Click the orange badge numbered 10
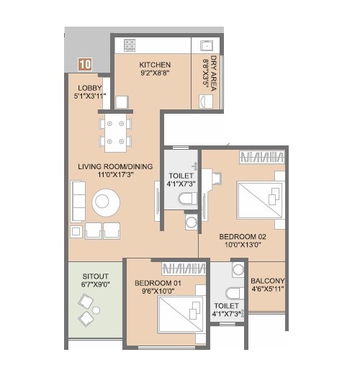pyautogui.click(x=86, y=64)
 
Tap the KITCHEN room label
pyautogui.click(x=155, y=65)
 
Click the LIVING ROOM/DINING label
pyautogui.click(x=117, y=166)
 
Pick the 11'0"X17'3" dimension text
pyautogui.click(x=117, y=175)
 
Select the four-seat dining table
pyautogui.click(x=116, y=132)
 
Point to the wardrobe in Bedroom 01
pyautogui.click(x=184, y=269)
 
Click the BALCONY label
pyautogui.click(x=267, y=281)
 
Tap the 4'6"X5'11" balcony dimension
pyautogui.click(x=267, y=291)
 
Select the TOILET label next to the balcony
pyautogui.click(x=225, y=305)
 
